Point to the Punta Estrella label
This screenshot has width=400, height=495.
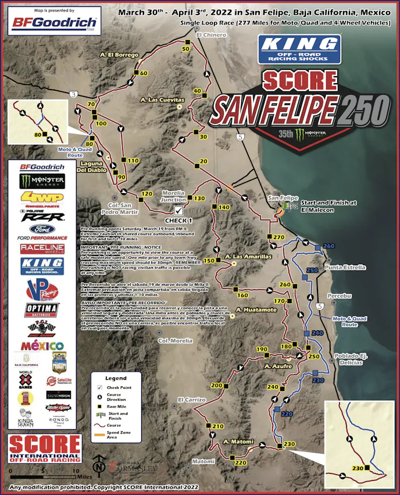pyautogui.click(x=346, y=268)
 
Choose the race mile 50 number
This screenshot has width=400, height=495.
pyautogui.click(x=186, y=49)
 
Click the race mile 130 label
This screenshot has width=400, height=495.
pyautogui.click(x=199, y=198)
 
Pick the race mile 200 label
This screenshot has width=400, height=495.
pyautogui.click(x=216, y=386)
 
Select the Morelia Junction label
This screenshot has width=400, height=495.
pyautogui.click(x=173, y=197)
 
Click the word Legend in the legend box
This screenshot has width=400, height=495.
pyautogui.click(x=115, y=378)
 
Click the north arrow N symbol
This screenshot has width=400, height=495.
pyautogui.click(x=99, y=466)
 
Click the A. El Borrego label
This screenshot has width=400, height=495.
pyautogui.click(x=119, y=55)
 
